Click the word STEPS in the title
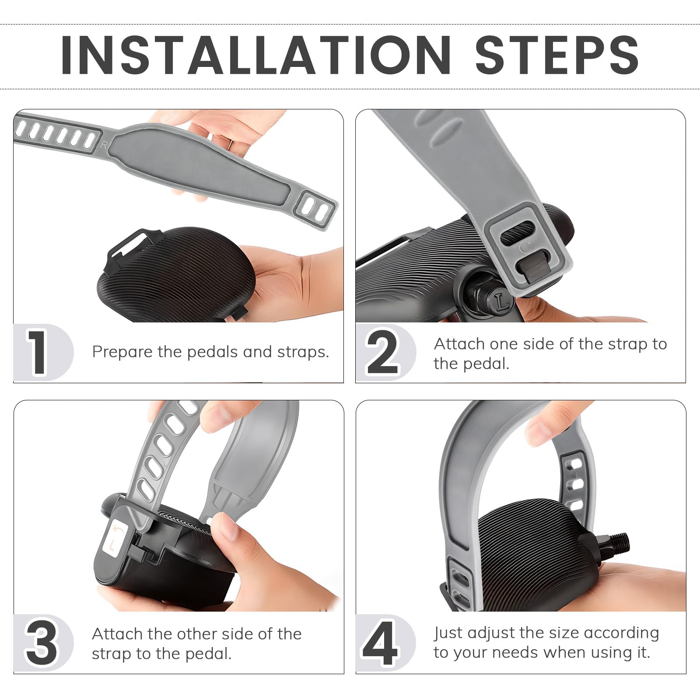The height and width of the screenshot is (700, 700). [x=557, y=55]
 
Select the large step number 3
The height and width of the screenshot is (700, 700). [x=41, y=643]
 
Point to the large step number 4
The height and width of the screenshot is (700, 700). [x=380, y=643]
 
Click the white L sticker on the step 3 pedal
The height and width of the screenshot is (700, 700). [x=115, y=540]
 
